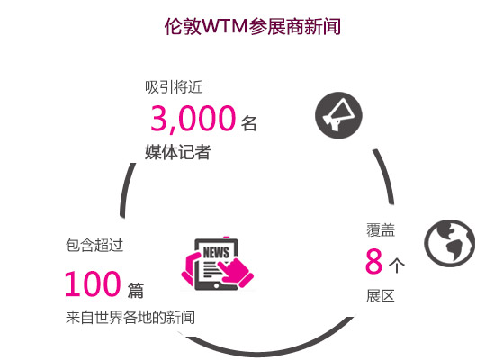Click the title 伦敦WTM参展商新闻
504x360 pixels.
[252, 26]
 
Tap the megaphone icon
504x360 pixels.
[338, 115]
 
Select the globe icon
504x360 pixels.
[449, 243]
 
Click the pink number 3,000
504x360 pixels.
[193, 118]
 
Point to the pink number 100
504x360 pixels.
[93, 283]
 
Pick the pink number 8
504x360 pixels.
[373, 261]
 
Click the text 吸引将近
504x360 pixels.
[174, 87]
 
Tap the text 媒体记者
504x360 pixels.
[178, 152]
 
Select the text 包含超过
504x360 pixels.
[94, 245]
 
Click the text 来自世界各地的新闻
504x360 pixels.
[130, 318]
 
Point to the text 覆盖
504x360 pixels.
[381, 230]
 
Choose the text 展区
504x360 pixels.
[381, 296]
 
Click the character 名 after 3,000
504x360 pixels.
[248, 123]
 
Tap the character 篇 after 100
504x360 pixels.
[136, 290]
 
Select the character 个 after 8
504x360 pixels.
[397, 265]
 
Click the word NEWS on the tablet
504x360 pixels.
[216, 252]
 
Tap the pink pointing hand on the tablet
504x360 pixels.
[236, 271]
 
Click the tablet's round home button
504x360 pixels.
[216, 285]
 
